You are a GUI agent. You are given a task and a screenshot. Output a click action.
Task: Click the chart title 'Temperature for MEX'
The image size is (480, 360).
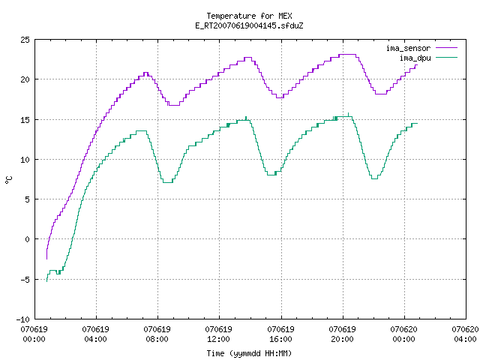(x=249, y=16)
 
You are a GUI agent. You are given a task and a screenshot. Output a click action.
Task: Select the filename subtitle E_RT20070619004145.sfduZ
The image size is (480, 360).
(x=249, y=25)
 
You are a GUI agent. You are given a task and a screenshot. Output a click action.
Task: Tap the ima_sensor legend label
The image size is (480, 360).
(x=408, y=48)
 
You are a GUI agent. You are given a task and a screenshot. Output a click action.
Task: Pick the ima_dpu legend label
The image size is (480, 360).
(x=415, y=58)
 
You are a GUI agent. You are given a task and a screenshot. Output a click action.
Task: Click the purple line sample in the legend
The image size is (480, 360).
(x=446, y=48)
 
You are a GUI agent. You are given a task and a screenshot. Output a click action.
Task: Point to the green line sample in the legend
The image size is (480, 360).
(x=446, y=58)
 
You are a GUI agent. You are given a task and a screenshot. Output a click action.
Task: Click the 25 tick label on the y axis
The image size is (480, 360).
(x=25, y=40)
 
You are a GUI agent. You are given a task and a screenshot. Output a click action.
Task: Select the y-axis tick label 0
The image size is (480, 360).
(x=28, y=239)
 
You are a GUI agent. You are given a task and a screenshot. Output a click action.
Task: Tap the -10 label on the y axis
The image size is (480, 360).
(x=23, y=319)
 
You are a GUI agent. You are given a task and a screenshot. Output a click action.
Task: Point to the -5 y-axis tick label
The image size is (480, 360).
(x=25, y=280)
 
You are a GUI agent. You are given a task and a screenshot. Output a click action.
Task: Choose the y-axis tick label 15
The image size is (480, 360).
(x=25, y=120)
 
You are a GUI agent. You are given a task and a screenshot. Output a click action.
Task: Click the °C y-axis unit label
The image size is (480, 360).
(x=8, y=180)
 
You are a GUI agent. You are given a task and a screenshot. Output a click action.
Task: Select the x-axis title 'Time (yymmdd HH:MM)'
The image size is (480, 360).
(x=249, y=353)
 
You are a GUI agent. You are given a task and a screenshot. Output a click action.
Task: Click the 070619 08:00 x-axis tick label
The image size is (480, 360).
(x=157, y=334)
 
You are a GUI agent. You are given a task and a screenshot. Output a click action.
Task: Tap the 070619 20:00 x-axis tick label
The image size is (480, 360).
(x=342, y=334)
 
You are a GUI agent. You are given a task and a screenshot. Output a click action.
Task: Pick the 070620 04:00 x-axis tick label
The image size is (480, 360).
(x=465, y=334)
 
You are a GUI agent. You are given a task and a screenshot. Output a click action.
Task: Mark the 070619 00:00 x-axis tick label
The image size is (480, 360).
(x=34, y=334)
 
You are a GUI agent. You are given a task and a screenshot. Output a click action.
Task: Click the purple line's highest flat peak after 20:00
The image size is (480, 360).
(x=347, y=55)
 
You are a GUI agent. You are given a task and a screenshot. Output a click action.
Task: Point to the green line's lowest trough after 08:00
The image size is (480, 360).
(x=167, y=182)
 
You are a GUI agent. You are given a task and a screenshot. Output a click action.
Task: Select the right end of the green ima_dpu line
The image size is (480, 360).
(x=417, y=123)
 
